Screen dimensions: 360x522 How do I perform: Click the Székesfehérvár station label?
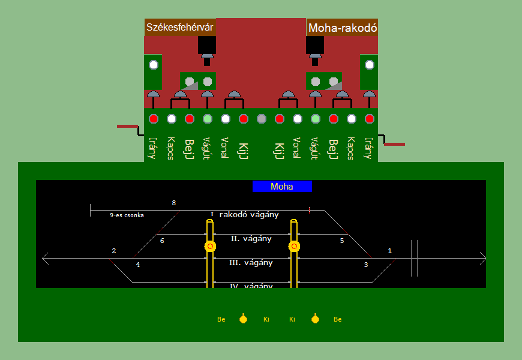180,27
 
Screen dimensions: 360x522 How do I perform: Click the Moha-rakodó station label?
342,28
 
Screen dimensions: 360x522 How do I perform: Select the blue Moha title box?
282,187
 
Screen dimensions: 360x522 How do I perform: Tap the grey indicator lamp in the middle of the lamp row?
261,119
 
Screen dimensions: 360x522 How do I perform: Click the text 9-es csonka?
127,215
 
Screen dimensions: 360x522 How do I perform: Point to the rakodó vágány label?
248,215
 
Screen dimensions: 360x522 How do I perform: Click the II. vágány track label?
251,239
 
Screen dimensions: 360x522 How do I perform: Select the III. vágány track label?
251,263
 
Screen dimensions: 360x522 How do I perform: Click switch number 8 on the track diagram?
174,203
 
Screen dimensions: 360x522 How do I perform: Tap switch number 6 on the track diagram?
161,241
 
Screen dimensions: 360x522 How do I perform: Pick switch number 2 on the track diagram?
113,251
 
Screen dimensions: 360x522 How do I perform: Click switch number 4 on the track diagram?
137,265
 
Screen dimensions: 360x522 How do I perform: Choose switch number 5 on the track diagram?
342,241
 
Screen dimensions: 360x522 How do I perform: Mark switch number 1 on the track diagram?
390,251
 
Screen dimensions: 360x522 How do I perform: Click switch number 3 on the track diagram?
366,265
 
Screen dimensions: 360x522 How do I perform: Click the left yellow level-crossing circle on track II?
210,246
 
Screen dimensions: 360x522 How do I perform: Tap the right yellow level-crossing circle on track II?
294,246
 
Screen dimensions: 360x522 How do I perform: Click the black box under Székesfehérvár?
207,44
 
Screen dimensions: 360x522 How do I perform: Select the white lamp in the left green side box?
153,65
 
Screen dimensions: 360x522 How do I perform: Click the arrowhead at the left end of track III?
45,259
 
